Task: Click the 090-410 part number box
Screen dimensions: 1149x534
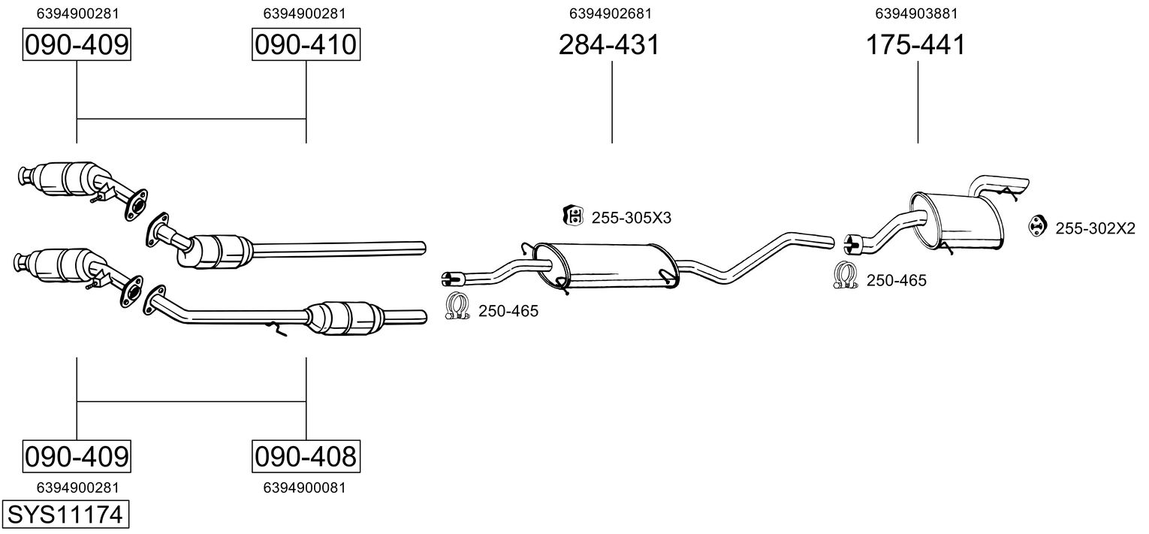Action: (x=306, y=44)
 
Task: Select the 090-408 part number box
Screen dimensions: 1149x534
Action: (x=306, y=456)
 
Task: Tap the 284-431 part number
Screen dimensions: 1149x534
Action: (x=609, y=44)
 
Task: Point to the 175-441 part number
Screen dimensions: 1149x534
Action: (x=915, y=44)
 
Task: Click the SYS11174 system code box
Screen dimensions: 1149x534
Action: (x=65, y=514)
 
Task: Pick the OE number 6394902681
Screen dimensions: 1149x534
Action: (x=611, y=14)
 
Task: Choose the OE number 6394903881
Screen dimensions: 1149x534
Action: (x=916, y=14)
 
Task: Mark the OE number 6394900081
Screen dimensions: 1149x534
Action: (x=304, y=487)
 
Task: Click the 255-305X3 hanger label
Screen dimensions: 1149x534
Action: (x=632, y=218)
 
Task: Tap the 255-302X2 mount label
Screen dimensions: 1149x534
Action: (x=1095, y=228)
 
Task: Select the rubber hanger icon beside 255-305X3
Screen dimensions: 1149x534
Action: (x=573, y=216)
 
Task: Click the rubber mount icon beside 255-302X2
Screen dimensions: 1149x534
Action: (x=1038, y=226)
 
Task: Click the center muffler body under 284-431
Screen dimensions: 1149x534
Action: (x=606, y=266)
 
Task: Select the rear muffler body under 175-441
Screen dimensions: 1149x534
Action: (x=957, y=221)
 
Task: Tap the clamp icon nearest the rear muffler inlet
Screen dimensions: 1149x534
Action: (x=846, y=275)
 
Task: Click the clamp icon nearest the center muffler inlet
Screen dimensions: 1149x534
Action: (x=457, y=306)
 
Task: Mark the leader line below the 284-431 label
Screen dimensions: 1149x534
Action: (x=612, y=102)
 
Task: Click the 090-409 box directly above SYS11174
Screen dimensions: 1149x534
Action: (x=77, y=456)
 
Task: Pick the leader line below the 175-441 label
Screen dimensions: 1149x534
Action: (x=918, y=102)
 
